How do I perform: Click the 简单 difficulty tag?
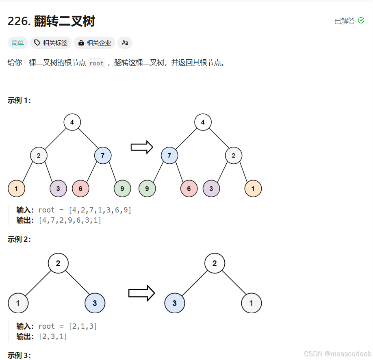point(17,43)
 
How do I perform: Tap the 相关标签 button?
point(51,43)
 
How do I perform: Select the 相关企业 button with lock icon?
point(94,43)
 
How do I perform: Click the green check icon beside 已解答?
point(361,20)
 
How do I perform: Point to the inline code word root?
point(96,63)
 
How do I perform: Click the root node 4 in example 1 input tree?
point(72,122)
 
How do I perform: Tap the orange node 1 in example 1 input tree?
point(16,189)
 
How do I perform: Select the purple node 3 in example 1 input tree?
point(58,189)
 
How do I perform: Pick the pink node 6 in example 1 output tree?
point(189,189)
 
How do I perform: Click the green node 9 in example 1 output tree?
point(147,189)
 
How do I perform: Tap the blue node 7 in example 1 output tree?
point(169,155)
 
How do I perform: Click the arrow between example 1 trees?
point(141,147)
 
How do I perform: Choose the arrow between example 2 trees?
point(141,293)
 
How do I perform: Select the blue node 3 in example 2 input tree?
point(95,303)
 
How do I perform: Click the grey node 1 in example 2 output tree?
point(251,303)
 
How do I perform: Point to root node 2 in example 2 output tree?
point(215,263)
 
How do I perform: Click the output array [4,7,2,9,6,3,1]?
point(70,220)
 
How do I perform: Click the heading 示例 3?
point(19,356)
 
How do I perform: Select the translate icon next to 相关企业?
point(125,43)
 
